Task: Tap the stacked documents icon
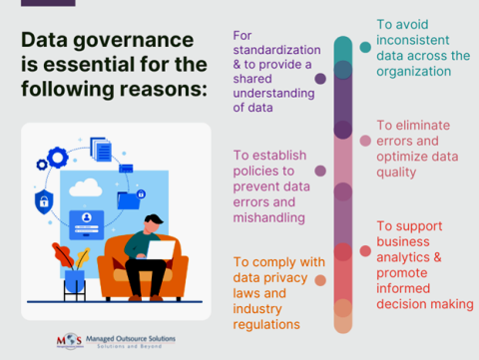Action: pos(101,150)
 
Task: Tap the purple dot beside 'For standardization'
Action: pos(320,78)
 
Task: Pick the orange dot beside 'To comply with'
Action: pos(319,279)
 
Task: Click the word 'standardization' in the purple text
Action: pos(276,49)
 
